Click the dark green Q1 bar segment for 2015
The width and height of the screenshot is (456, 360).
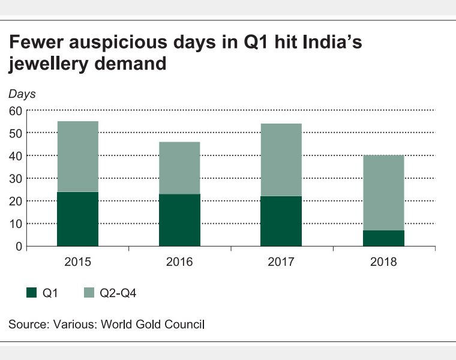tap(77, 219)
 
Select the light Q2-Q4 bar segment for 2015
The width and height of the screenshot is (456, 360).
tap(77, 157)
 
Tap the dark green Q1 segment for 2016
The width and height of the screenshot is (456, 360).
tap(179, 220)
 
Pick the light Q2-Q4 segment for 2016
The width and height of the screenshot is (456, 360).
tap(179, 168)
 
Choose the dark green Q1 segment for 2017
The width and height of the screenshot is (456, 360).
tap(281, 221)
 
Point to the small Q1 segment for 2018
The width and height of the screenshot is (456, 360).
tap(383, 238)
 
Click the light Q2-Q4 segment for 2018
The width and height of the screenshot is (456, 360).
tap(383, 193)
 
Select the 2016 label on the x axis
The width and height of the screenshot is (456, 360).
tap(179, 262)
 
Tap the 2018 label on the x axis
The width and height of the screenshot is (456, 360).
tap(383, 262)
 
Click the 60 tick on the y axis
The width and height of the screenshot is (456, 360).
tap(15, 110)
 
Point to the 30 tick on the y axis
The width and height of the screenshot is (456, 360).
tap(15, 178)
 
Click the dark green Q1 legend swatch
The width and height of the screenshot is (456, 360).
tap(32, 293)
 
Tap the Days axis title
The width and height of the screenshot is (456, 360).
tap(22, 94)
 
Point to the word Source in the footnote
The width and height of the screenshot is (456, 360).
tap(26, 325)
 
